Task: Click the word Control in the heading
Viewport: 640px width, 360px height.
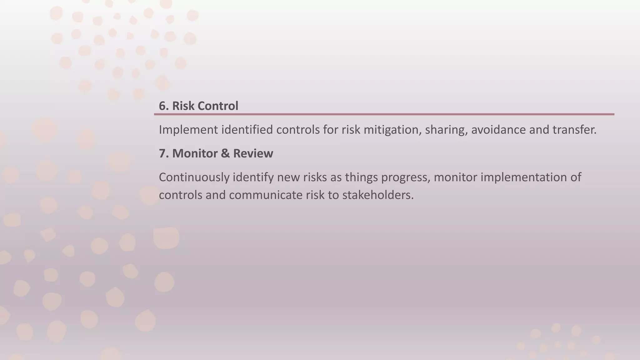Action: (218, 106)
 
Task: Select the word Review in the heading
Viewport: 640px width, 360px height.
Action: (253, 153)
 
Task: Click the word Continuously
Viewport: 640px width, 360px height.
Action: (194, 177)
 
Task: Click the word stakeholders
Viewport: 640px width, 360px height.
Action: (378, 195)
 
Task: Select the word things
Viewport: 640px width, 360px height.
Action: (362, 177)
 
